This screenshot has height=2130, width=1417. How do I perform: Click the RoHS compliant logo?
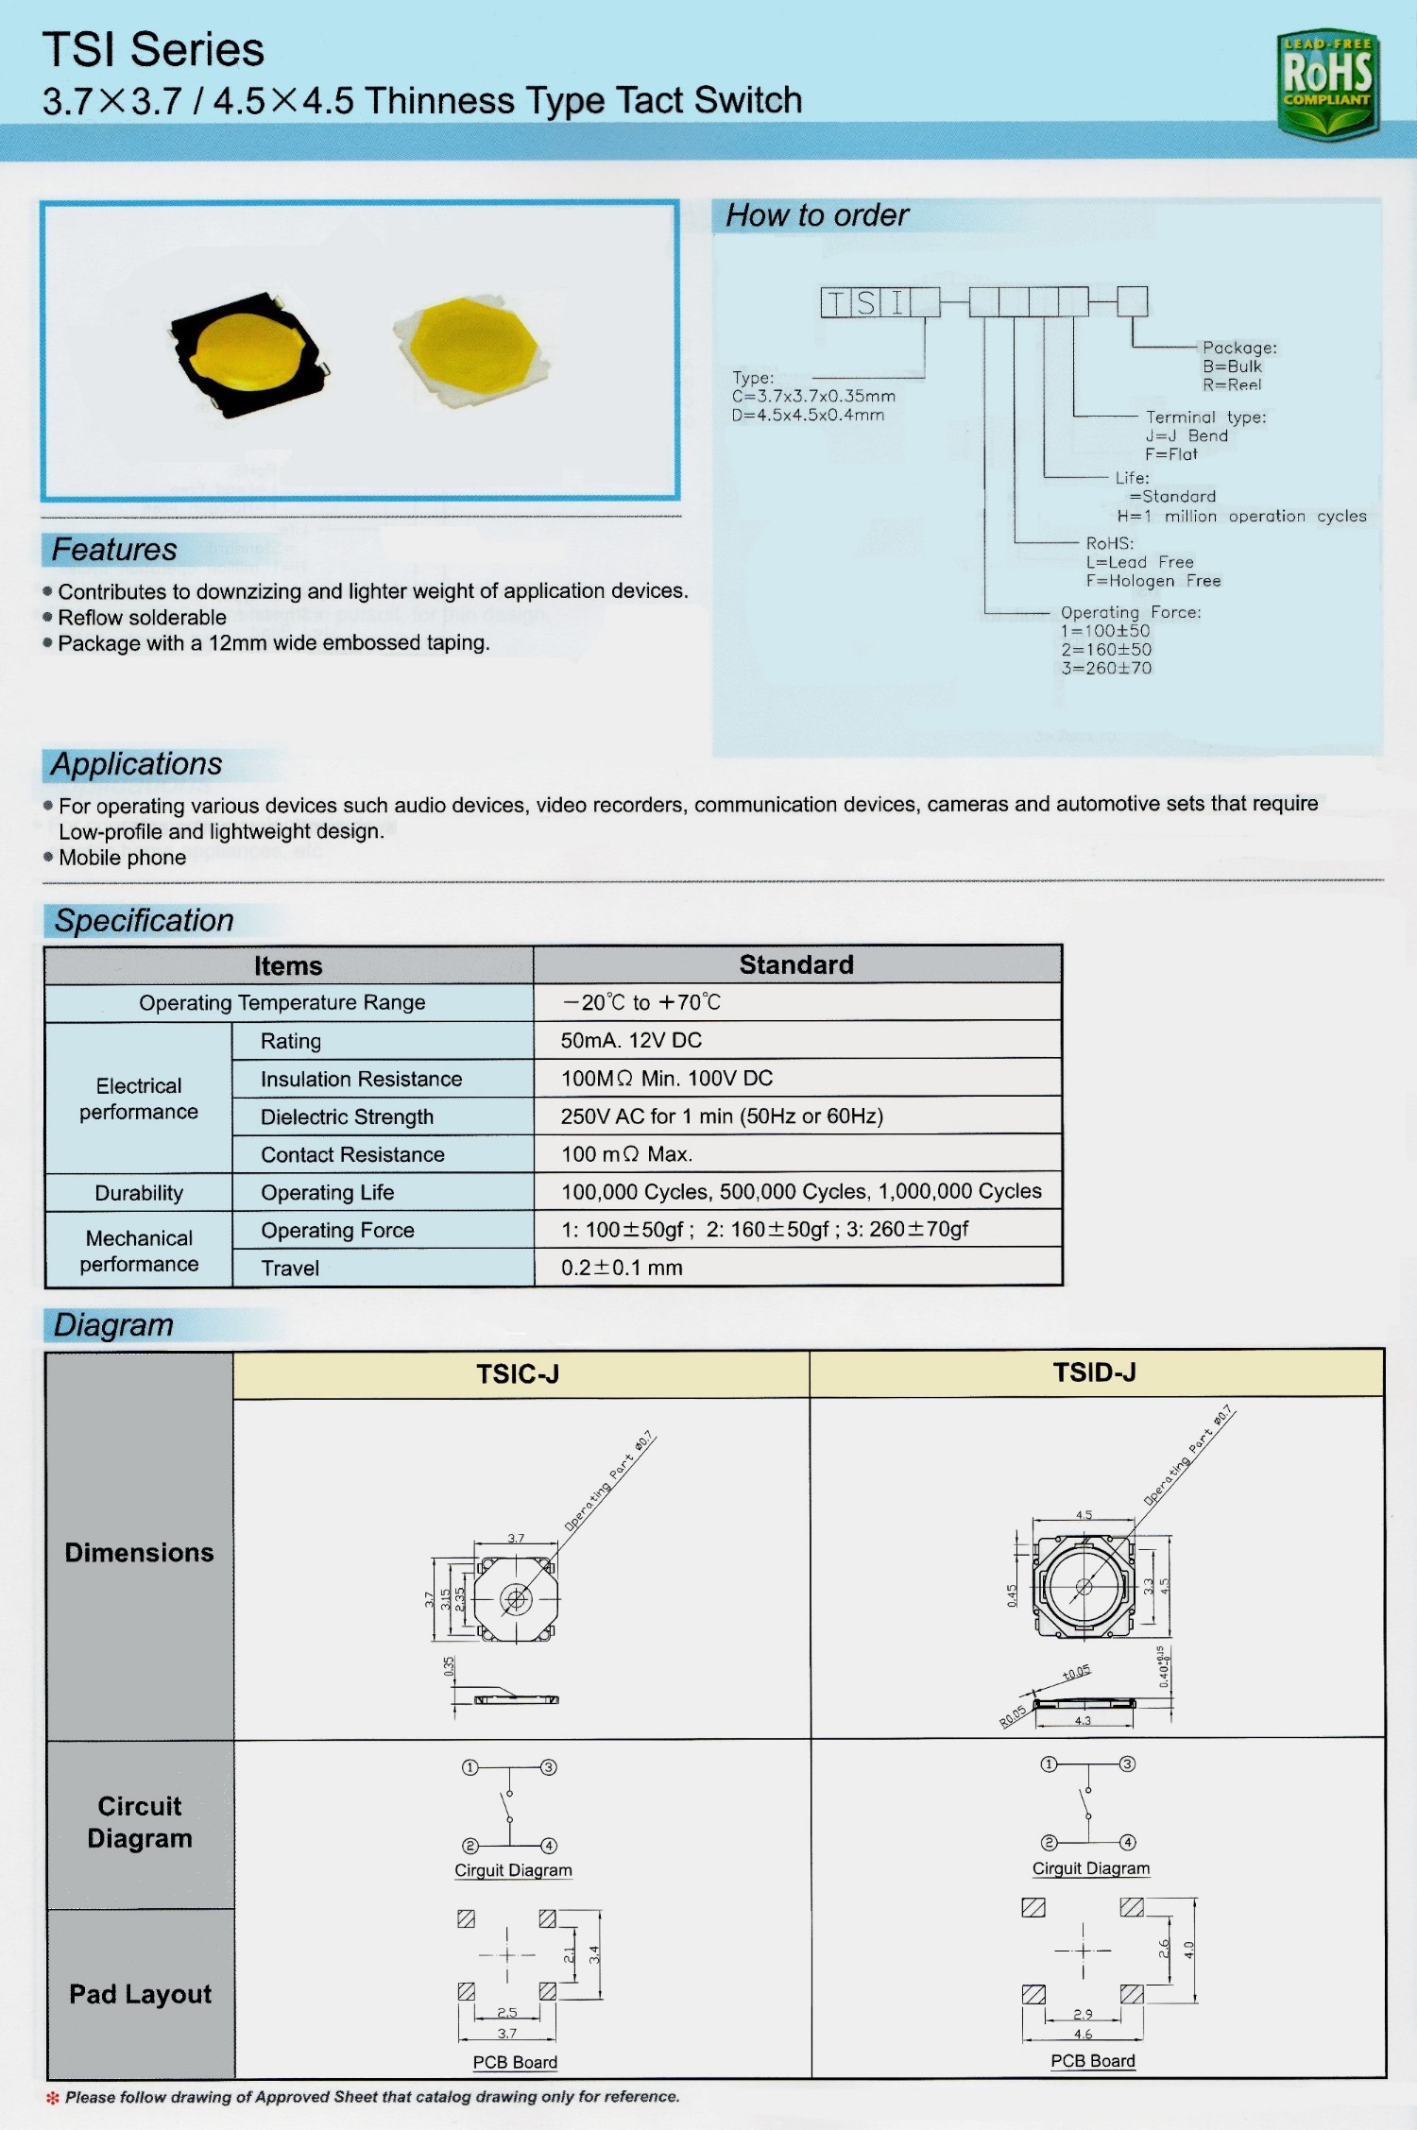click(x=1327, y=83)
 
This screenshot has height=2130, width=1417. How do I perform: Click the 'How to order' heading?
click(x=817, y=215)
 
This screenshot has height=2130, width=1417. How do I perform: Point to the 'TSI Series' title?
click(x=153, y=49)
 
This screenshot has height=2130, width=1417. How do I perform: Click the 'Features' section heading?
click(x=114, y=550)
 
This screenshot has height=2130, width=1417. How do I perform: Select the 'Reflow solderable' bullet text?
click(x=142, y=618)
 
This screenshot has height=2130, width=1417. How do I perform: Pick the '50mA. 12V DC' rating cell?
click(x=631, y=1040)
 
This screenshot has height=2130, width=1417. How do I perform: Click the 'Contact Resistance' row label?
click(x=352, y=1154)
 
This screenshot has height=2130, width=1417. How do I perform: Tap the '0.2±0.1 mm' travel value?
click(x=622, y=1268)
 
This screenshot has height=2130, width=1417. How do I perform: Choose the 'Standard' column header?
click(x=796, y=964)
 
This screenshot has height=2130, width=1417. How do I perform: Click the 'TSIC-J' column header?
click(x=518, y=1373)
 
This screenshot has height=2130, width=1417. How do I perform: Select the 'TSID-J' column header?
click(x=1095, y=1372)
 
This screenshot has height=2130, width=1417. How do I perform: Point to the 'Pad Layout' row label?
click(x=140, y=1994)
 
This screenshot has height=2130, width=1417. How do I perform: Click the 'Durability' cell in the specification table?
click(x=139, y=1193)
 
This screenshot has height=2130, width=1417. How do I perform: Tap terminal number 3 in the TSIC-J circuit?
click(x=549, y=1767)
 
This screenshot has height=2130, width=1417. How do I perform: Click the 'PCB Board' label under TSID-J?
click(x=1093, y=2061)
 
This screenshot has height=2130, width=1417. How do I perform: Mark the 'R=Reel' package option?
click(x=1232, y=384)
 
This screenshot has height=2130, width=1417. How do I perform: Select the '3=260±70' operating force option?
click(x=1106, y=668)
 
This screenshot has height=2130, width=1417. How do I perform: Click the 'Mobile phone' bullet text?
click(x=122, y=858)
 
